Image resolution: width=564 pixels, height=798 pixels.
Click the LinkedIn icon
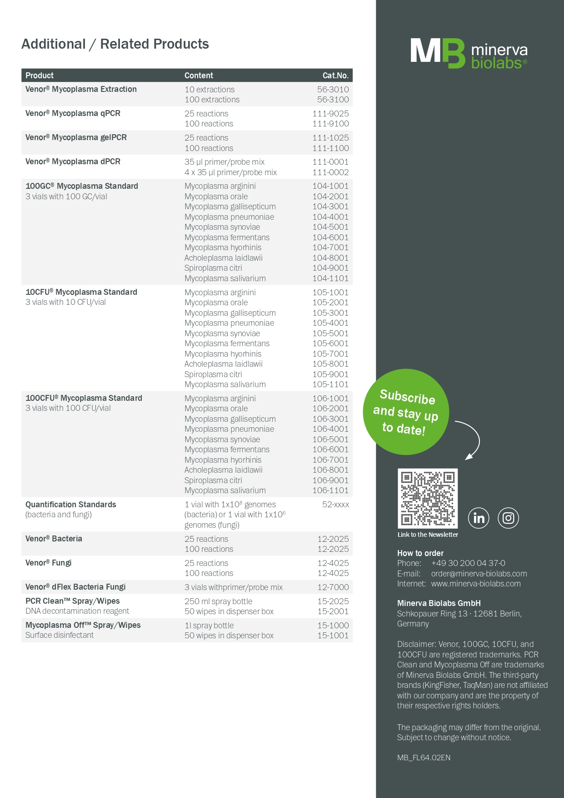pyautogui.click(x=479, y=518)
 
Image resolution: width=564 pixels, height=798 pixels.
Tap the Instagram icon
pyautogui.click(x=508, y=518)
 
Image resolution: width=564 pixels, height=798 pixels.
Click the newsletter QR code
pyautogui.click(x=428, y=498)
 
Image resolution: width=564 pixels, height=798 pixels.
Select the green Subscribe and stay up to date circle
pyautogui.click(x=406, y=412)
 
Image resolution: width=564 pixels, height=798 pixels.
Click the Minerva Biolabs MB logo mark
pyautogui.click(x=438, y=53)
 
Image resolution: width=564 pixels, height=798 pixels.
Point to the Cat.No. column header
pyautogui.click(x=335, y=76)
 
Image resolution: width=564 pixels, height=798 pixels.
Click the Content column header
pyautogui.click(x=199, y=76)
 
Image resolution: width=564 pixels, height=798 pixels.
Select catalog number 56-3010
pyautogui.click(x=333, y=90)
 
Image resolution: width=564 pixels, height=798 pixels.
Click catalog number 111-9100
pyautogui.click(x=330, y=124)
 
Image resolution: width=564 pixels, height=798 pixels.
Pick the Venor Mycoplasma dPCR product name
pyautogui.click(x=73, y=162)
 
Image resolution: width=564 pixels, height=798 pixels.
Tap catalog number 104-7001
pyautogui.click(x=330, y=247)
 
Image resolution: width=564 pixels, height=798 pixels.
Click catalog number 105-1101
pyautogui.click(x=330, y=384)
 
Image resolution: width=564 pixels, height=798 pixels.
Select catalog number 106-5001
pyautogui.click(x=330, y=439)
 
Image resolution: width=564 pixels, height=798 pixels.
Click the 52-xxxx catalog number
pyautogui.click(x=335, y=505)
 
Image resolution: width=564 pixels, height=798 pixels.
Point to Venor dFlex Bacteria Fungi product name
pyautogui.click(x=75, y=587)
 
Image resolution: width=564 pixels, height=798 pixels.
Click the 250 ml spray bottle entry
pyautogui.click(x=218, y=601)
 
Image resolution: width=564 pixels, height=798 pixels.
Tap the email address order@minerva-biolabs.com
pyautogui.click(x=479, y=574)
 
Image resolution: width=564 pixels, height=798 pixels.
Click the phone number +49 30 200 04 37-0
pyautogui.click(x=468, y=563)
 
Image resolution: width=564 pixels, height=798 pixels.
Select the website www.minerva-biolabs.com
pyautogui.click(x=476, y=584)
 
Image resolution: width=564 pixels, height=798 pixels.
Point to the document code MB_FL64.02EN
pyautogui.click(x=424, y=758)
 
